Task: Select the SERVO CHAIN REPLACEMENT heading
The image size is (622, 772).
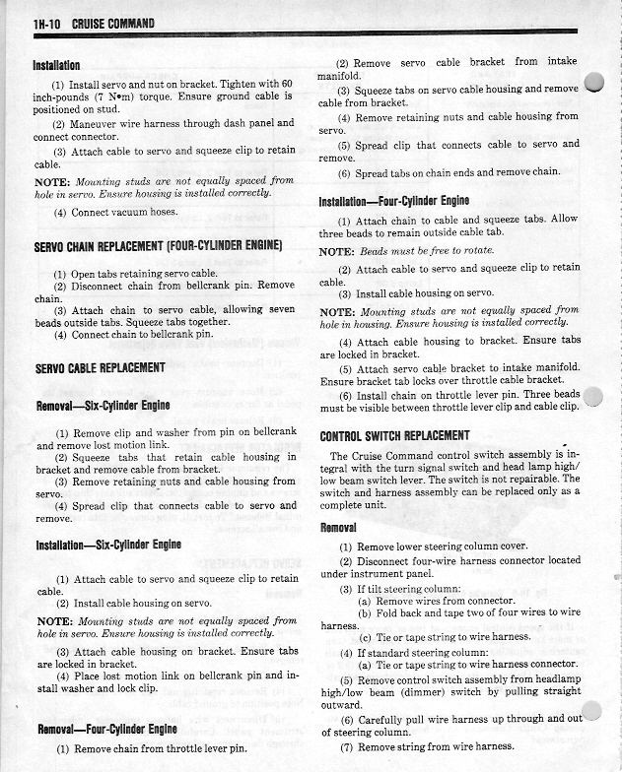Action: tap(158, 245)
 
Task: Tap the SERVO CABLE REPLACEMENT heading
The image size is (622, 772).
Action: tap(100, 367)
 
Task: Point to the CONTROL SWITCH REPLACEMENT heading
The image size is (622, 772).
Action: tap(394, 436)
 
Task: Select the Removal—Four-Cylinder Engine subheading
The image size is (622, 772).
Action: tap(107, 730)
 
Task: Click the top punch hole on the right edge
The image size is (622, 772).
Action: tap(593, 83)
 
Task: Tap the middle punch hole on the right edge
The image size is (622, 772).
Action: tap(594, 397)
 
